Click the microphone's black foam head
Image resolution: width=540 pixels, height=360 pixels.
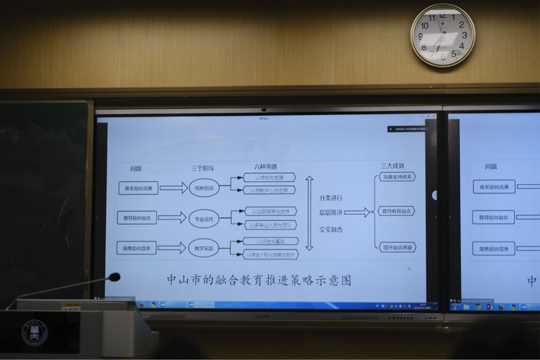coord(114,277)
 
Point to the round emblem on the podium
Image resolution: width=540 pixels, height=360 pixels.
coord(34,333)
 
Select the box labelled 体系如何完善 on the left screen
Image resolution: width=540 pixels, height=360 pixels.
coord(138,188)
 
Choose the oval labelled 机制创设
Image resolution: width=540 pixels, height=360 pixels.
coord(204,188)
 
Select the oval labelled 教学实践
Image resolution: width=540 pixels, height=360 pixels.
coord(204,248)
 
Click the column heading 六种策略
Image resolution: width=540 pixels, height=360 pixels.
coord(266,167)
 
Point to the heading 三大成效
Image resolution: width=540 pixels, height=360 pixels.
coord(393,166)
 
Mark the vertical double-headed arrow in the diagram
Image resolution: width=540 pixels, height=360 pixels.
coord(310,213)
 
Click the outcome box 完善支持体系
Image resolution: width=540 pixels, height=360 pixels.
coord(397,177)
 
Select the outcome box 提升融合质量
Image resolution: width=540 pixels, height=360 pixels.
coord(397,246)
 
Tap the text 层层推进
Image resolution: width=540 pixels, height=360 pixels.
coord(331,213)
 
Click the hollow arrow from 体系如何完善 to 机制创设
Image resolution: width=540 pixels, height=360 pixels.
coord(173,188)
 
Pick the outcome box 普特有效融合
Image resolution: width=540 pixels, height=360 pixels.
coord(397,211)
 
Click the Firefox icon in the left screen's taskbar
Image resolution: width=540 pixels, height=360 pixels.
coord(142,304)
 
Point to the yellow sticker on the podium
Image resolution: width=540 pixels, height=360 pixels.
coord(71,306)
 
